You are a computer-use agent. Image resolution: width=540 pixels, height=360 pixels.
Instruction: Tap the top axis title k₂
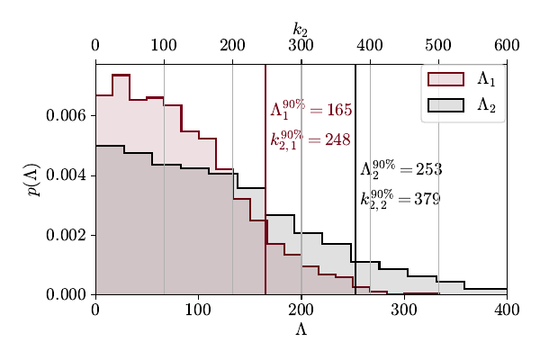(x=301, y=30)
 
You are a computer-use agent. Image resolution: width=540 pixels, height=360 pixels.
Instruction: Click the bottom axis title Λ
(x=301, y=329)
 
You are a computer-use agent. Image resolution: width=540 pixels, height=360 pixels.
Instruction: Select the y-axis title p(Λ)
(x=32, y=179)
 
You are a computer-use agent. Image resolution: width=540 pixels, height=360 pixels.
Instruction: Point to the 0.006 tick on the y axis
(x=67, y=116)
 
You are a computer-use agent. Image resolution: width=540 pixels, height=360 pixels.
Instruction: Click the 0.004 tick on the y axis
(x=67, y=175)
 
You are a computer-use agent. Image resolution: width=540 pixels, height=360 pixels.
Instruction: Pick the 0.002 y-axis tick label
(x=67, y=235)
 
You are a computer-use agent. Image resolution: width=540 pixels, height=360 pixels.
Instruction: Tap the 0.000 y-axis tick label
(x=67, y=294)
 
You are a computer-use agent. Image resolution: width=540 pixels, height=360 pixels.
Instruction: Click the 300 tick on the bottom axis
(x=403, y=310)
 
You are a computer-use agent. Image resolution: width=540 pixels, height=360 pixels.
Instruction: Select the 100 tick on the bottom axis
(x=198, y=310)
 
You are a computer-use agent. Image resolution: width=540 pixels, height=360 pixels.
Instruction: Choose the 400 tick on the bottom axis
(x=506, y=310)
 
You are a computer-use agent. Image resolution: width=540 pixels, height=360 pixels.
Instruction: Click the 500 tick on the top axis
(x=437, y=46)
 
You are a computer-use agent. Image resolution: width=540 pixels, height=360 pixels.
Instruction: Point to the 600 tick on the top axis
(x=506, y=46)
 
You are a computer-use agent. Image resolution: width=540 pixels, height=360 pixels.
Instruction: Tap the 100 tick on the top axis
(x=164, y=46)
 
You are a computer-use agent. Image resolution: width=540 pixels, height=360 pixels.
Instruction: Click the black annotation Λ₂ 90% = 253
(x=400, y=169)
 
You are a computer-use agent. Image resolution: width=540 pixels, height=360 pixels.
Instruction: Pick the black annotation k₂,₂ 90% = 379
(x=400, y=199)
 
